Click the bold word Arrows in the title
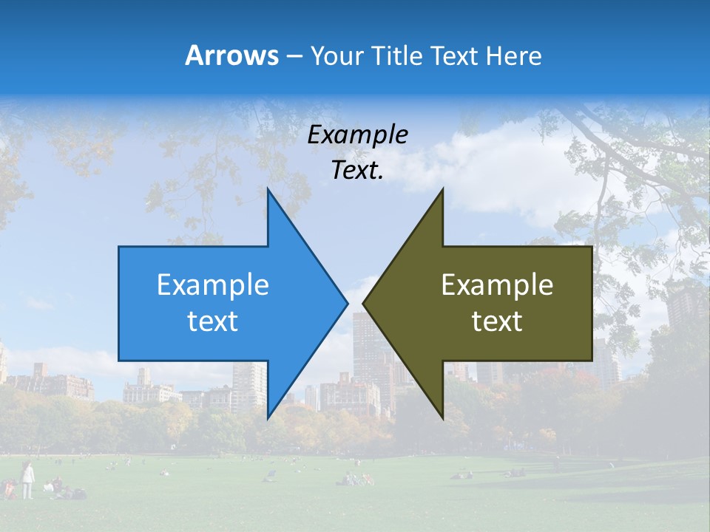click(x=231, y=55)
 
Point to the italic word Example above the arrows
click(x=357, y=134)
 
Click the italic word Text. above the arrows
click(x=357, y=171)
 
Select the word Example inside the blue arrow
click(x=213, y=284)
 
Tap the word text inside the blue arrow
click(x=213, y=321)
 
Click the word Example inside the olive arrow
click(x=497, y=284)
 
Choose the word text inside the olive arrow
click(x=497, y=321)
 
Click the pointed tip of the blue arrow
click(x=347, y=303)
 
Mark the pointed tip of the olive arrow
click(x=363, y=303)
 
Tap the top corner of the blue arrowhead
click(x=268, y=189)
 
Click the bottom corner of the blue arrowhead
click(x=268, y=417)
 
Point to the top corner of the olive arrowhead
click(x=442, y=189)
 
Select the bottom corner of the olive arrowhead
click(x=442, y=417)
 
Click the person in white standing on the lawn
click(x=27, y=480)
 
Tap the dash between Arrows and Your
click(x=294, y=56)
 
